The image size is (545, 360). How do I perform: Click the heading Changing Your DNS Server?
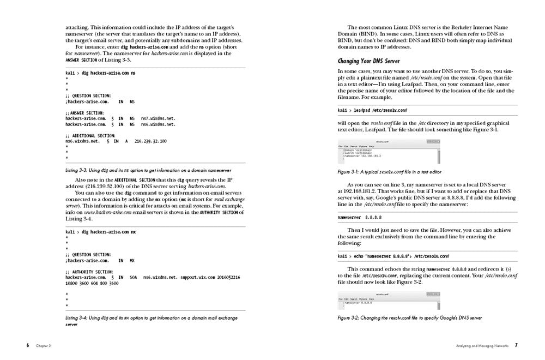tap(368, 61)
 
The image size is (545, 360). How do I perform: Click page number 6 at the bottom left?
tap(27, 345)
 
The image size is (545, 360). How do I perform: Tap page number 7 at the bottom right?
tap(516, 345)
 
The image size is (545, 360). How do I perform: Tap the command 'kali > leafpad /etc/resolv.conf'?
tap(373, 110)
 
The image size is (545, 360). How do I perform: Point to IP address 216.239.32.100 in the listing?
tap(150, 141)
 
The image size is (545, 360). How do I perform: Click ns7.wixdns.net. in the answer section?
tap(158, 118)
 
